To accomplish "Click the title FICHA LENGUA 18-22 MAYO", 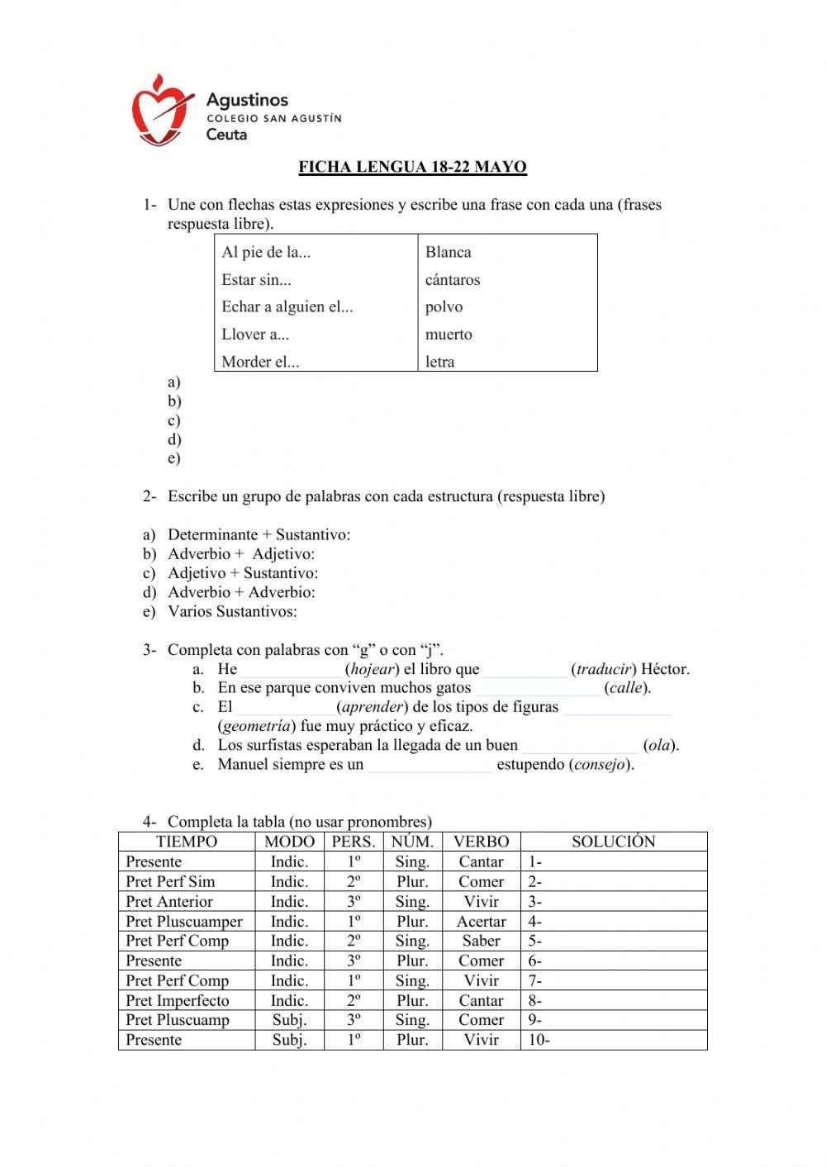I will [412, 167].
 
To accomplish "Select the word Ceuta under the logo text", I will [226, 135].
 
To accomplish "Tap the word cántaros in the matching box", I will [452, 280].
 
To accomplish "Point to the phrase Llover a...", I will [254, 334].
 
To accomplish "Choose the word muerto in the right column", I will [449, 334].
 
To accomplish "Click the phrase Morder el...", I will [259, 362].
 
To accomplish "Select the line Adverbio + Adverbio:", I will [241, 592].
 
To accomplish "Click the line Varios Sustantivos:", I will [232, 612].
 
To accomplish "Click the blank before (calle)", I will [538, 689].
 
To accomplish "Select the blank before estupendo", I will [430, 766].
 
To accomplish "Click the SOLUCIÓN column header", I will [613, 842].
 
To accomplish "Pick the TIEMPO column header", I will [187, 842].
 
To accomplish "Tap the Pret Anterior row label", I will [169, 902].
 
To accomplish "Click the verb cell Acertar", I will [481, 922].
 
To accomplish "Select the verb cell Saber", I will [481, 942].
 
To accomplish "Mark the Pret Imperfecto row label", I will [178, 1001].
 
